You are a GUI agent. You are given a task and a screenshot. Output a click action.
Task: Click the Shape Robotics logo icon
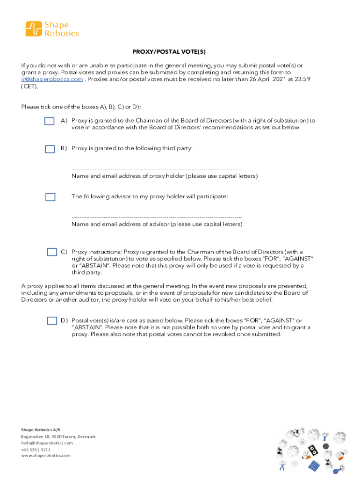(x=34, y=29)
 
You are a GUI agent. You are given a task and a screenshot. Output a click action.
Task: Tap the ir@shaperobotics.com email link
(x=52, y=80)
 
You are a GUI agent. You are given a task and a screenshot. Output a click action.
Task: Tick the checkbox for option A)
(x=50, y=122)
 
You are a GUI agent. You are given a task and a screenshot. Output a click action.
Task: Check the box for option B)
(x=50, y=149)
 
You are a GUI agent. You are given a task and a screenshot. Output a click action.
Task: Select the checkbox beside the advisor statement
(x=50, y=197)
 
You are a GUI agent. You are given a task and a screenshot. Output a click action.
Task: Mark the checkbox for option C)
(x=52, y=252)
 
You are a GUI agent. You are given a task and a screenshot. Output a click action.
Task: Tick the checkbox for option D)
(x=52, y=320)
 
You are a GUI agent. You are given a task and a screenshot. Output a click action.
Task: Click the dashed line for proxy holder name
(x=157, y=168)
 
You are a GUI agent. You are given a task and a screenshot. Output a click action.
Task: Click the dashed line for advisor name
(x=157, y=217)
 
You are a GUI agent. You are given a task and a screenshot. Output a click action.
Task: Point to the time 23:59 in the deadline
(x=302, y=80)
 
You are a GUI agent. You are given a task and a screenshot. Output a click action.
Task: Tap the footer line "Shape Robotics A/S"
(x=41, y=430)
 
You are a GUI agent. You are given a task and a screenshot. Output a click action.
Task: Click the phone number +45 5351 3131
(x=36, y=449)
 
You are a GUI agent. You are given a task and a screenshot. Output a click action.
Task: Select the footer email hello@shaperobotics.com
(x=47, y=443)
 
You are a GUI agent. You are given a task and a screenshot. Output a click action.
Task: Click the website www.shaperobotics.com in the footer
(x=46, y=455)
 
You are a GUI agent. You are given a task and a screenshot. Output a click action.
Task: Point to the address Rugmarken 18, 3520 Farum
(x=58, y=436)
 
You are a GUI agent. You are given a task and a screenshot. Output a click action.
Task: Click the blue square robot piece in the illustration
(x=316, y=465)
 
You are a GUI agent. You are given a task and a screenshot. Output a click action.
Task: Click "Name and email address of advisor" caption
(x=157, y=224)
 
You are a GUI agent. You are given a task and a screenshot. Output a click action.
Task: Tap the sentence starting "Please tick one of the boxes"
(x=81, y=107)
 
